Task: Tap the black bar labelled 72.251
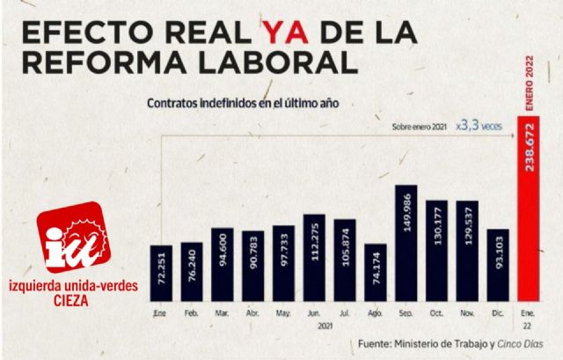[161, 274]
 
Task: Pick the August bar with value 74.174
[376, 273]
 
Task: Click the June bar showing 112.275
[314, 259]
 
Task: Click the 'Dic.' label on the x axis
[496, 312]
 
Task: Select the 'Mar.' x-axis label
[223, 312]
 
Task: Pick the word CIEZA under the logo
[71, 298]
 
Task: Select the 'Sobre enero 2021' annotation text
[420, 128]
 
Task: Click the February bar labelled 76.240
[192, 272]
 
